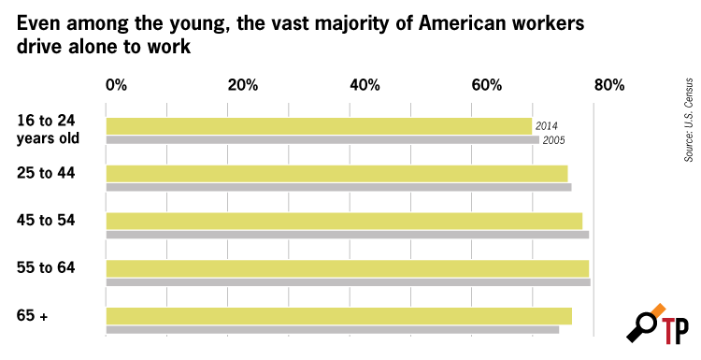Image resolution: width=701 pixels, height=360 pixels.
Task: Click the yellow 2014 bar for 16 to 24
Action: click(319, 126)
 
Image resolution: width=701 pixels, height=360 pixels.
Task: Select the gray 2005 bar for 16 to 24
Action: click(322, 140)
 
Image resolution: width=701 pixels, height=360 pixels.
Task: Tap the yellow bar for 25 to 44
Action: click(336, 174)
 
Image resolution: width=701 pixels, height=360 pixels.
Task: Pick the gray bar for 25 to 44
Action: click(338, 187)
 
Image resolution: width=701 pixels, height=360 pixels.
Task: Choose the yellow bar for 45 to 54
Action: click(344, 221)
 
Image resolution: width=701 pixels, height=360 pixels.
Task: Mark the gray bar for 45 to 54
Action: click(348, 235)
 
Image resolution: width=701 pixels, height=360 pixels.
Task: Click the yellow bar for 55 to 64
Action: click(348, 268)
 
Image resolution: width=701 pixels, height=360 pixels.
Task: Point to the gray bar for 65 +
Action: click(332, 329)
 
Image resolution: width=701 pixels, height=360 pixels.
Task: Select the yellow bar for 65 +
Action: click(339, 316)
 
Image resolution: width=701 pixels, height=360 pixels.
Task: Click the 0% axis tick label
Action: click(116, 85)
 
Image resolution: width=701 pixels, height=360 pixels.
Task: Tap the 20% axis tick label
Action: click(243, 85)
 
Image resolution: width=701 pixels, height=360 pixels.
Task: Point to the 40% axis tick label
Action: click(365, 85)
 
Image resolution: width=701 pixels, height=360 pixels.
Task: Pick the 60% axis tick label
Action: click(487, 85)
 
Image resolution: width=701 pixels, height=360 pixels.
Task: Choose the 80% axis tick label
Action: click(608, 85)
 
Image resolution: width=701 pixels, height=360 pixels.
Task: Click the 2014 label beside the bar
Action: click(547, 126)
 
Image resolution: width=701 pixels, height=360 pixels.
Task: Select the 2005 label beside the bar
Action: click(553, 140)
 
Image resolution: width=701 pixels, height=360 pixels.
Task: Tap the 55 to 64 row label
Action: click(46, 267)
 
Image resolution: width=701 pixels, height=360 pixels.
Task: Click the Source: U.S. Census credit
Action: click(689, 120)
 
